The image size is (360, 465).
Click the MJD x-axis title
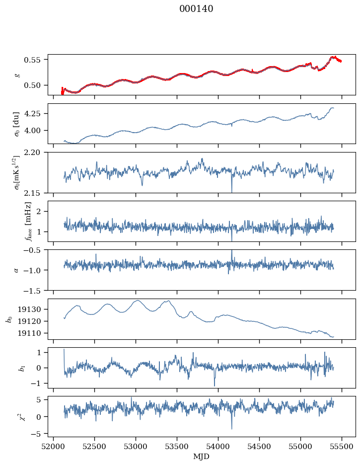pos(202,456)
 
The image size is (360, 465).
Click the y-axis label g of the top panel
pos(18,75)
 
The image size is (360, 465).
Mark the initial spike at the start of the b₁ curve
pos(64,351)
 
